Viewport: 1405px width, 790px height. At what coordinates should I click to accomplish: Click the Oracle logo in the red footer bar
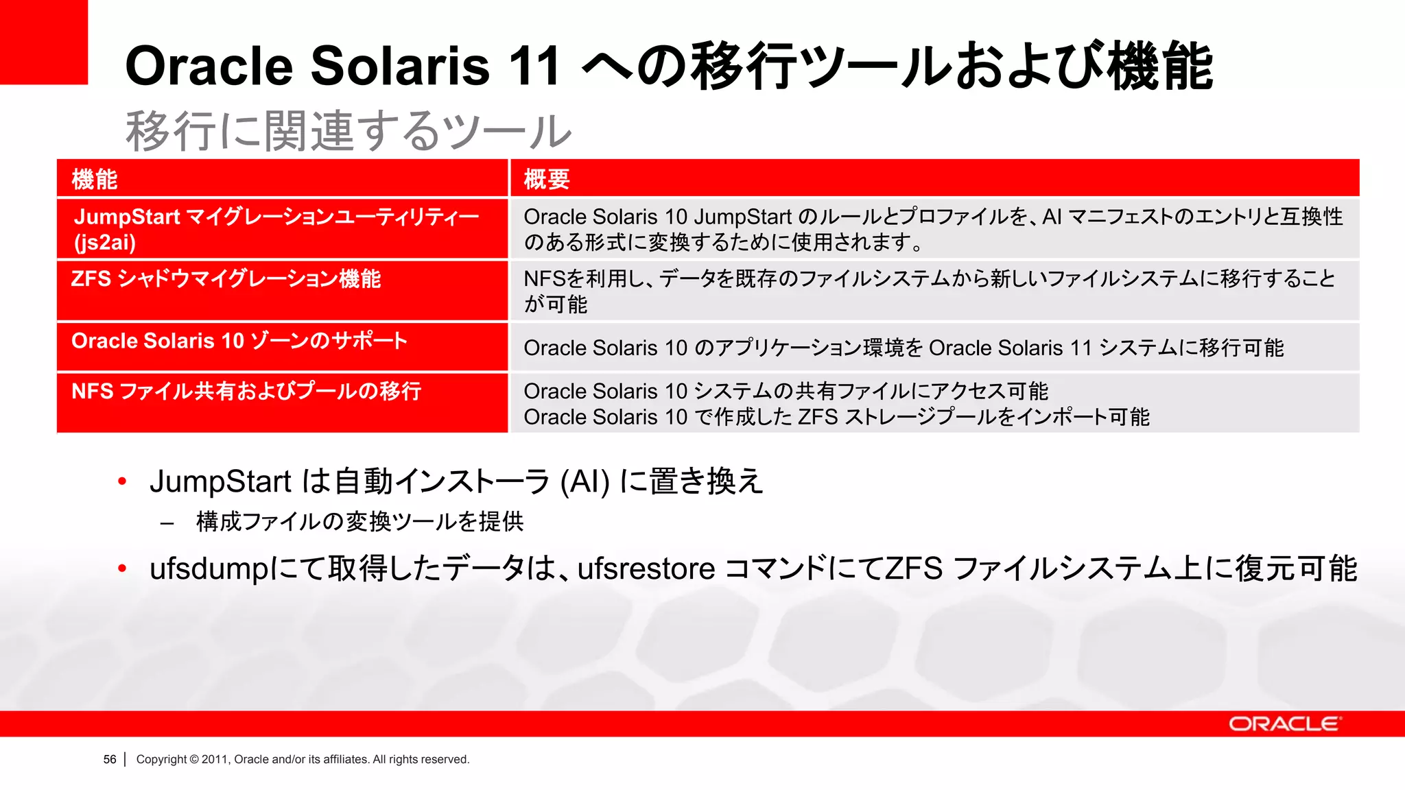(1284, 724)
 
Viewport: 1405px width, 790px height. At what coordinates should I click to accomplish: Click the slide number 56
(110, 759)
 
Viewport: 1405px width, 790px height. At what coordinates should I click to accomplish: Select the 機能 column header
(95, 180)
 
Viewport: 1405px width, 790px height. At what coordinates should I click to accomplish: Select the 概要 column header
(547, 180)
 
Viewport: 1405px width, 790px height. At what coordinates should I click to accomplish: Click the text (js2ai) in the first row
(105, 243)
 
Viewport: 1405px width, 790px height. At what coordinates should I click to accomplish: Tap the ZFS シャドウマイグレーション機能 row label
(226, 279)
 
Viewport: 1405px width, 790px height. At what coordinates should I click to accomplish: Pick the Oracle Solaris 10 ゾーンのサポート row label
(239, 341)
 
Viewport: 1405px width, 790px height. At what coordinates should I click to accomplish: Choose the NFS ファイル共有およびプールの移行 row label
(246, 392)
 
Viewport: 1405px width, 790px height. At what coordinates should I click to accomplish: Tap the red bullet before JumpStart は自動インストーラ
(122, 481)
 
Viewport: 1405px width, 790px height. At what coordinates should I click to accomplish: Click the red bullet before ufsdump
(122, 568)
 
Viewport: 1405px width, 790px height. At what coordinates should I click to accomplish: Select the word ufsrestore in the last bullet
(646, 569)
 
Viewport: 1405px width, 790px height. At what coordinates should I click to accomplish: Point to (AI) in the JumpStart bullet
(585, 481)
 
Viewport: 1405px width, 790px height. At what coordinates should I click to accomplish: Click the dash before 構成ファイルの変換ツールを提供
(167, 523)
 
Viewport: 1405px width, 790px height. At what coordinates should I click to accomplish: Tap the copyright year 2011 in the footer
(214, 759)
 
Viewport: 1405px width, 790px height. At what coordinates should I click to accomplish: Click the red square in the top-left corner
(43, 41)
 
